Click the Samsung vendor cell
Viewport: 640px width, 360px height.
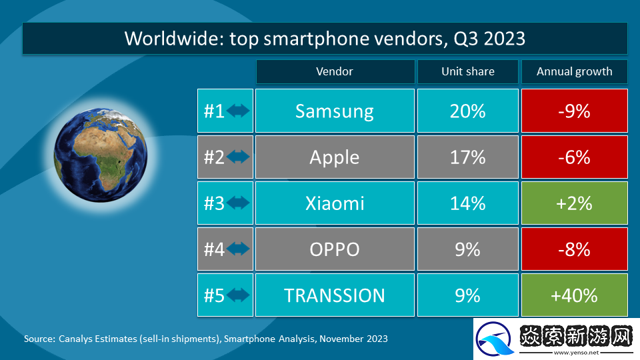(x=335, y=111)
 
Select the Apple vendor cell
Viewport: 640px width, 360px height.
(x=335, y=157)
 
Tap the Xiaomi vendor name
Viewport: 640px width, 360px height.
(x=335, y=203)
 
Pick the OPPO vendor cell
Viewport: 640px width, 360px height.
(x=335, y=249)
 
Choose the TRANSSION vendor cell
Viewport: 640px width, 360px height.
(x=335, y=295)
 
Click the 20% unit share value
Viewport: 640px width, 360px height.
(x=467, y=111)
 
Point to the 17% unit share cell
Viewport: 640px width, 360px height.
(x=467, y=157)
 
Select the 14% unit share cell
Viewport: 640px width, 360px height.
(x=467, y=203)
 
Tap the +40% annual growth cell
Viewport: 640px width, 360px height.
(x=574, y=295)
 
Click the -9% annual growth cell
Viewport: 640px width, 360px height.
(x=574, y=111)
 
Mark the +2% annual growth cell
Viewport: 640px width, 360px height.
(x=574, y=203)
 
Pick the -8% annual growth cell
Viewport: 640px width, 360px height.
(x=574, y=249)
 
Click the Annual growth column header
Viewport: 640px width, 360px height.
(x=574, y=71)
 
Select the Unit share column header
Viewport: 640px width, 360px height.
(x=467, y=71)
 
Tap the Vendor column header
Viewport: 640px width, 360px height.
(x=335, y=71)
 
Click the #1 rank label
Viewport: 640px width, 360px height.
(x=214, y=111)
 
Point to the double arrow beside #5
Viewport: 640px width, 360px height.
(x=238, y=295)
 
